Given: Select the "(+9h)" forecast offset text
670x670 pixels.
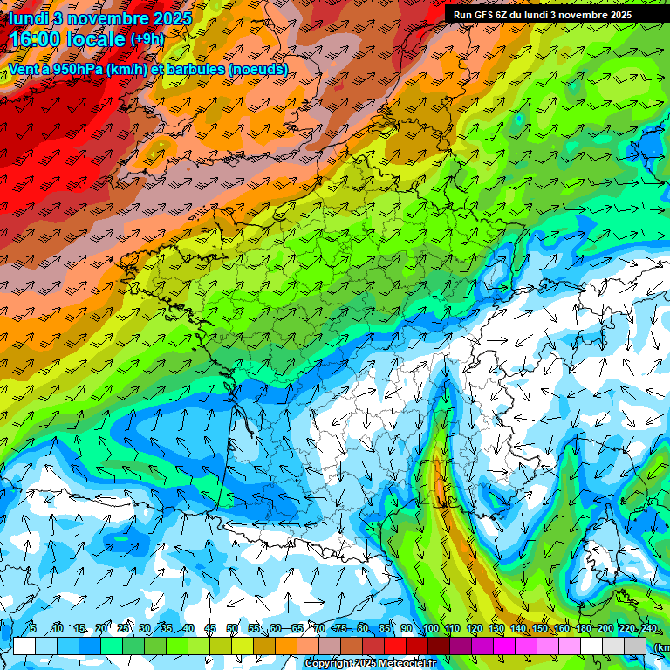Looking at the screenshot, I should click(147, 39).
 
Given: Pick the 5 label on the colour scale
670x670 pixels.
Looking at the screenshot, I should click(33, 628).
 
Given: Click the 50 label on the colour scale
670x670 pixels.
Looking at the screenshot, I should click(232, 628).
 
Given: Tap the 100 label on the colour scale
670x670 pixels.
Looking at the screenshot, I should click(430, 628).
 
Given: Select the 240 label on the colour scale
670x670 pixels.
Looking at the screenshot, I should click(648, 628).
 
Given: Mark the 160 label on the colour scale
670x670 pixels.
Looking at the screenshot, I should click(561, 628).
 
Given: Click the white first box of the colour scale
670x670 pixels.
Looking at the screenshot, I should click(24, 646).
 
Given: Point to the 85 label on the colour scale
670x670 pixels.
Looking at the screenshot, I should click(385, 628).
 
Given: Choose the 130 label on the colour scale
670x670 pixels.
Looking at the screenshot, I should click(496, 628).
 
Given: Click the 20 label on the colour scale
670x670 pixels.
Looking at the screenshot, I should click(101, 628).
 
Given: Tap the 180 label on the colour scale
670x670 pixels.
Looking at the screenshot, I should click(583, 628).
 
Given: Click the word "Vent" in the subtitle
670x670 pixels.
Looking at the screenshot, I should click(24, 69).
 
